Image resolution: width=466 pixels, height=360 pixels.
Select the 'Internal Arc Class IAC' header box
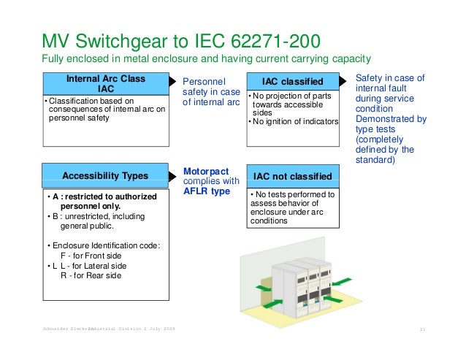tap(106, 83)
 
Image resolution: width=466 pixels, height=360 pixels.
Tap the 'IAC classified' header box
tap(293, 81)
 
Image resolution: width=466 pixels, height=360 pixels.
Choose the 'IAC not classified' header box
tap(293, 176)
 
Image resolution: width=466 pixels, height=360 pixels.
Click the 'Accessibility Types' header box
tap(105, 175)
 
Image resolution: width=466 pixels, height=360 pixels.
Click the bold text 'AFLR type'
tap(206, 191)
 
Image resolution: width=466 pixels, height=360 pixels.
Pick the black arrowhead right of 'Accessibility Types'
tap(174, 175)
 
